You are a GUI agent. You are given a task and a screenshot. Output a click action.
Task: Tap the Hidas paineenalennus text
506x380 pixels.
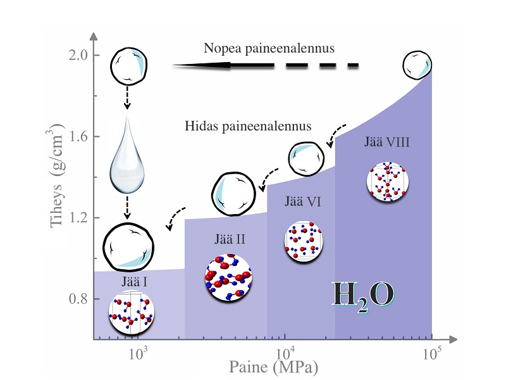coord(249,125)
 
